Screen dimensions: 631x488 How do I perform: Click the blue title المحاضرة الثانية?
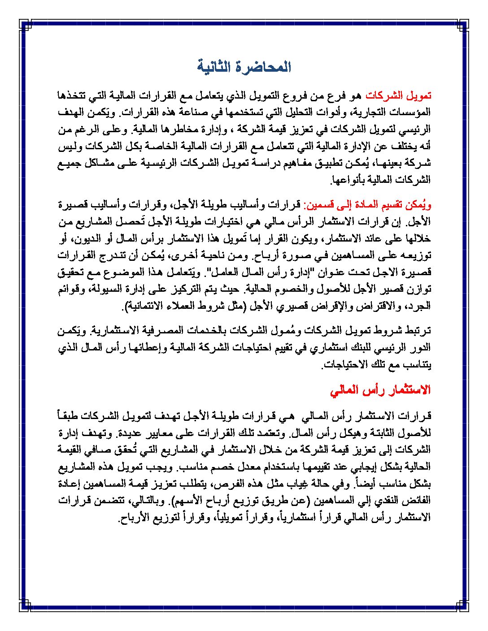pos(244,67)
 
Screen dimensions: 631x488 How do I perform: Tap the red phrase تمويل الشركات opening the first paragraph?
pos(398,95)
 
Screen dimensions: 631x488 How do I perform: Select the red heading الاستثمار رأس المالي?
pos(380,390)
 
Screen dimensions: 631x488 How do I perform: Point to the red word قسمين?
pos(318,205)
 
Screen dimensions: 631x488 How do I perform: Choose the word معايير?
pos(150,433)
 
